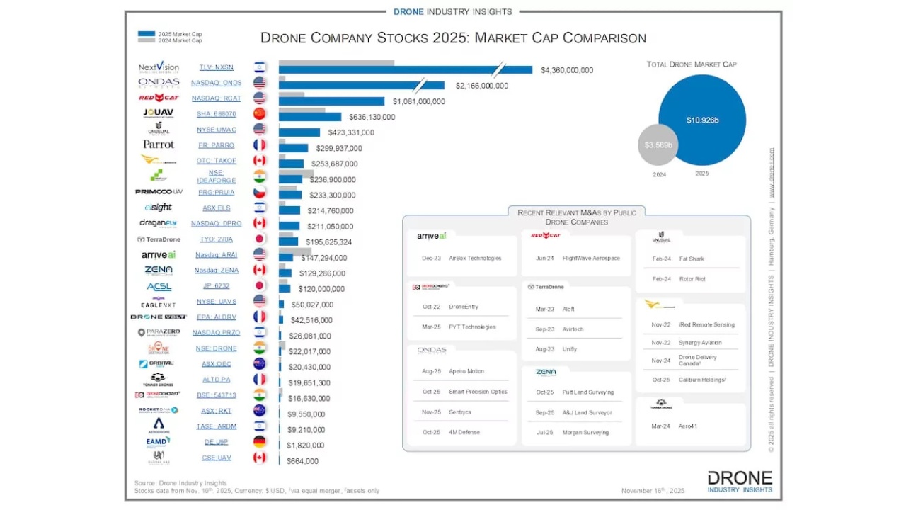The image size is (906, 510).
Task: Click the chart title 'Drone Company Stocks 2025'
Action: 453,38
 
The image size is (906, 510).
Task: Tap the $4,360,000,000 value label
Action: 567,70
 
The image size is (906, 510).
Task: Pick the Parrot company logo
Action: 159,144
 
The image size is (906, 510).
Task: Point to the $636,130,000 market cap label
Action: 372,117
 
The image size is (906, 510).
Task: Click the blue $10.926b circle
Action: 702,120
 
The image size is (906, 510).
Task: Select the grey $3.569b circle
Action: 658,144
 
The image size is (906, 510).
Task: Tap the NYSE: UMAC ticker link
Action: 216,130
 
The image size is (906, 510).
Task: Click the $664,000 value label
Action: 302,461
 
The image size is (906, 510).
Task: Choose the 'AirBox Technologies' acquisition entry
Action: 475,259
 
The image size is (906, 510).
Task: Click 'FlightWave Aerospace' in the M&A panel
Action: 591,259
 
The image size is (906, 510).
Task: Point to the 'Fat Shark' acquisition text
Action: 692,259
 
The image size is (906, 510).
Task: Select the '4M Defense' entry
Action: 464,432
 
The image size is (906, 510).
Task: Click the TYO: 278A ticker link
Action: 216,239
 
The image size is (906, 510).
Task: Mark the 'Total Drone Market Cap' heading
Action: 692,64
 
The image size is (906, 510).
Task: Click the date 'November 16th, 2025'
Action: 653,491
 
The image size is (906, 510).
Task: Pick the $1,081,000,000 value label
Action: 419,101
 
